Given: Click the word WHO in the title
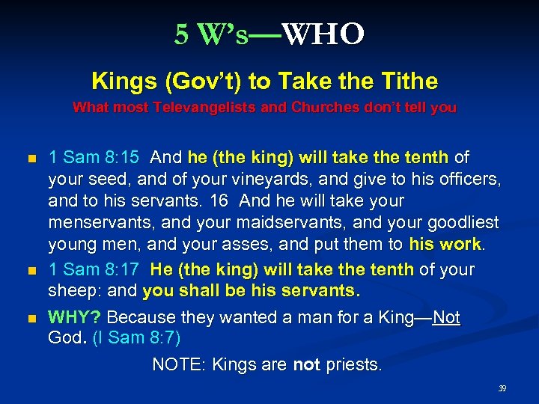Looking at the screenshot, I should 325,34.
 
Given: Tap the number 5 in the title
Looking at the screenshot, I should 181,34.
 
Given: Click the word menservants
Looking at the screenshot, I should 101,224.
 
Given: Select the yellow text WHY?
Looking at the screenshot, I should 75,318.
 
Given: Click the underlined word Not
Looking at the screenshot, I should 446,318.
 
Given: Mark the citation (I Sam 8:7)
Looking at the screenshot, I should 136,338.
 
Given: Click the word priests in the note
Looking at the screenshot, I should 353,365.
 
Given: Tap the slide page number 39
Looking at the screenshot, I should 502,389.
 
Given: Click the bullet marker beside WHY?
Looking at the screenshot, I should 31,319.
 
